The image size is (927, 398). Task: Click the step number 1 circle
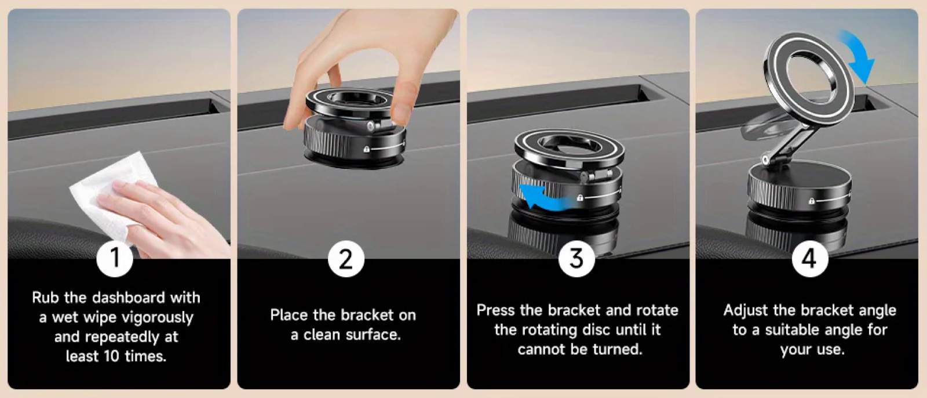(x=115, y=259)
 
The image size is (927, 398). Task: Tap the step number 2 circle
(x=346, y=259)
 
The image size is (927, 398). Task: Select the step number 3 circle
(x=576, y=259)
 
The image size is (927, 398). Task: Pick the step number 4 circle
(x=810, y=259)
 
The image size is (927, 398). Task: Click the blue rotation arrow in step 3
(x=546, y=197)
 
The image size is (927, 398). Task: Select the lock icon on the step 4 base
(x=812, y=201)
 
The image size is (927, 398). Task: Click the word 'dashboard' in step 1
(x=129, y=298)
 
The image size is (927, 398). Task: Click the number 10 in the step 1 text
(x=111, y=357)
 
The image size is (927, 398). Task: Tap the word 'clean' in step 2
(x=322, y=335)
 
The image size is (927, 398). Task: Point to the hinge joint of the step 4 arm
(x=766, y=160)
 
